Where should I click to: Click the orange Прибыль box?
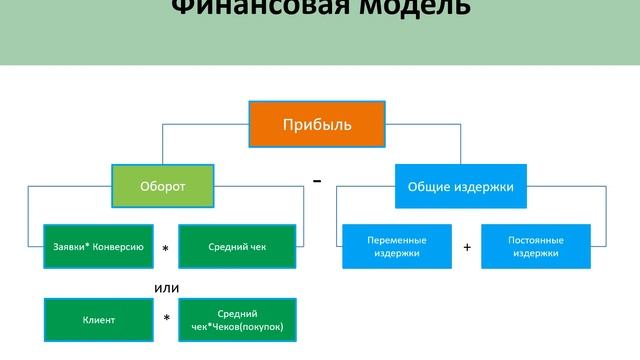click(316, 126)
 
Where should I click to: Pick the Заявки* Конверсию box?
click(98, 246)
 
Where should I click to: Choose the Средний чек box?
click(237, 246)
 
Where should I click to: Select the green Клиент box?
click(98, 320)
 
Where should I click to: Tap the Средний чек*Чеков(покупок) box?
click(237, 320)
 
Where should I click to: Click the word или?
click(167, 287)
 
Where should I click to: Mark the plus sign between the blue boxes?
click(466, 247)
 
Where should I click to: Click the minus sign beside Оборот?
click(317, 181)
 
